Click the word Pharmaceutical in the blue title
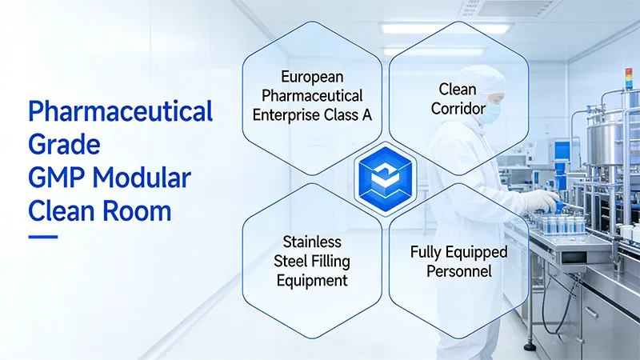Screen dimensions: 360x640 point(120,112)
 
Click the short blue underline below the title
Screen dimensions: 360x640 point(43,236)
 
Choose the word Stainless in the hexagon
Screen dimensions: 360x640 point(311,242)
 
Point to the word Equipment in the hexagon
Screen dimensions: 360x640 point(311,280)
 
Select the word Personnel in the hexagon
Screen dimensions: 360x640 point(458,271)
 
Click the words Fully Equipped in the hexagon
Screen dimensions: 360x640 point(458,252)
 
